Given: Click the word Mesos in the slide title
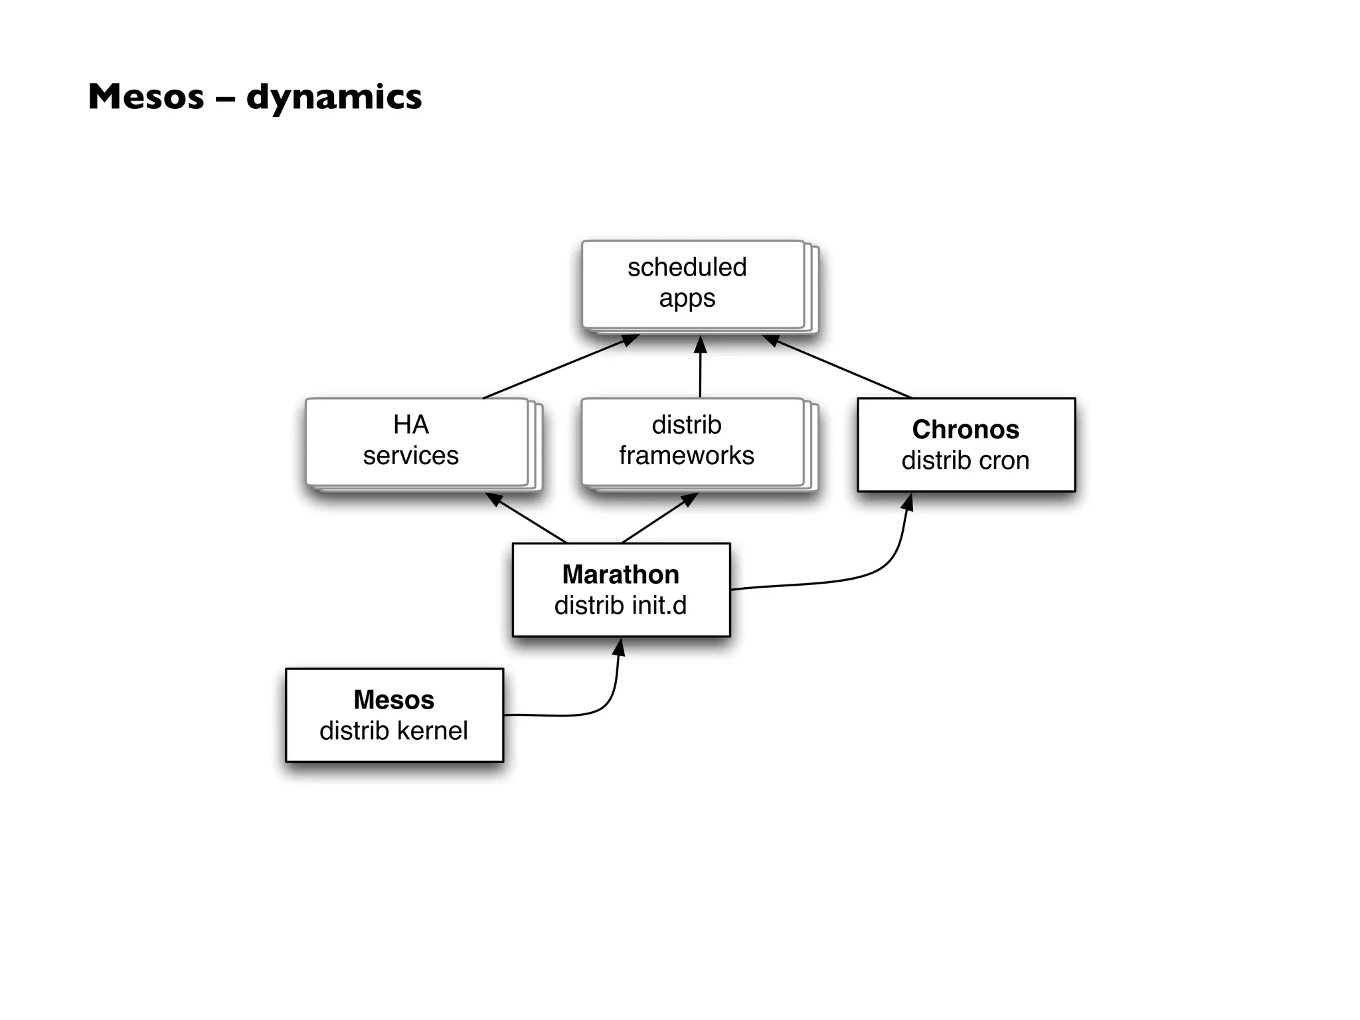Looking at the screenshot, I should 146,97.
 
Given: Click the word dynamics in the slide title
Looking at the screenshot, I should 334,97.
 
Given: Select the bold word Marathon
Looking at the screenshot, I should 620,574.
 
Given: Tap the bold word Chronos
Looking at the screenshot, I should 965,430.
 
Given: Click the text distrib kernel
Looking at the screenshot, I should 393,730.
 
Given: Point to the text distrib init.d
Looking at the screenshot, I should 620,606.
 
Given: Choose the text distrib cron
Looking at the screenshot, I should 965,461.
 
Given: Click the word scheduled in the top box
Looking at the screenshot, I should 687,267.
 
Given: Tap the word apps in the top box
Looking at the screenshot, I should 687,298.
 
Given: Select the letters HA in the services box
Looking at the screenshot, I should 410,424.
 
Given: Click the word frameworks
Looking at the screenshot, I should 686,456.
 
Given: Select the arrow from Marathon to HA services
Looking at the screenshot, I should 528,519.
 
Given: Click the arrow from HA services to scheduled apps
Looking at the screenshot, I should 558,367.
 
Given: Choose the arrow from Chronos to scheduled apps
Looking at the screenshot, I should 840,367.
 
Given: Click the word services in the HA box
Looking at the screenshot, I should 410,456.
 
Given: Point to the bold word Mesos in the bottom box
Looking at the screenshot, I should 393,700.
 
